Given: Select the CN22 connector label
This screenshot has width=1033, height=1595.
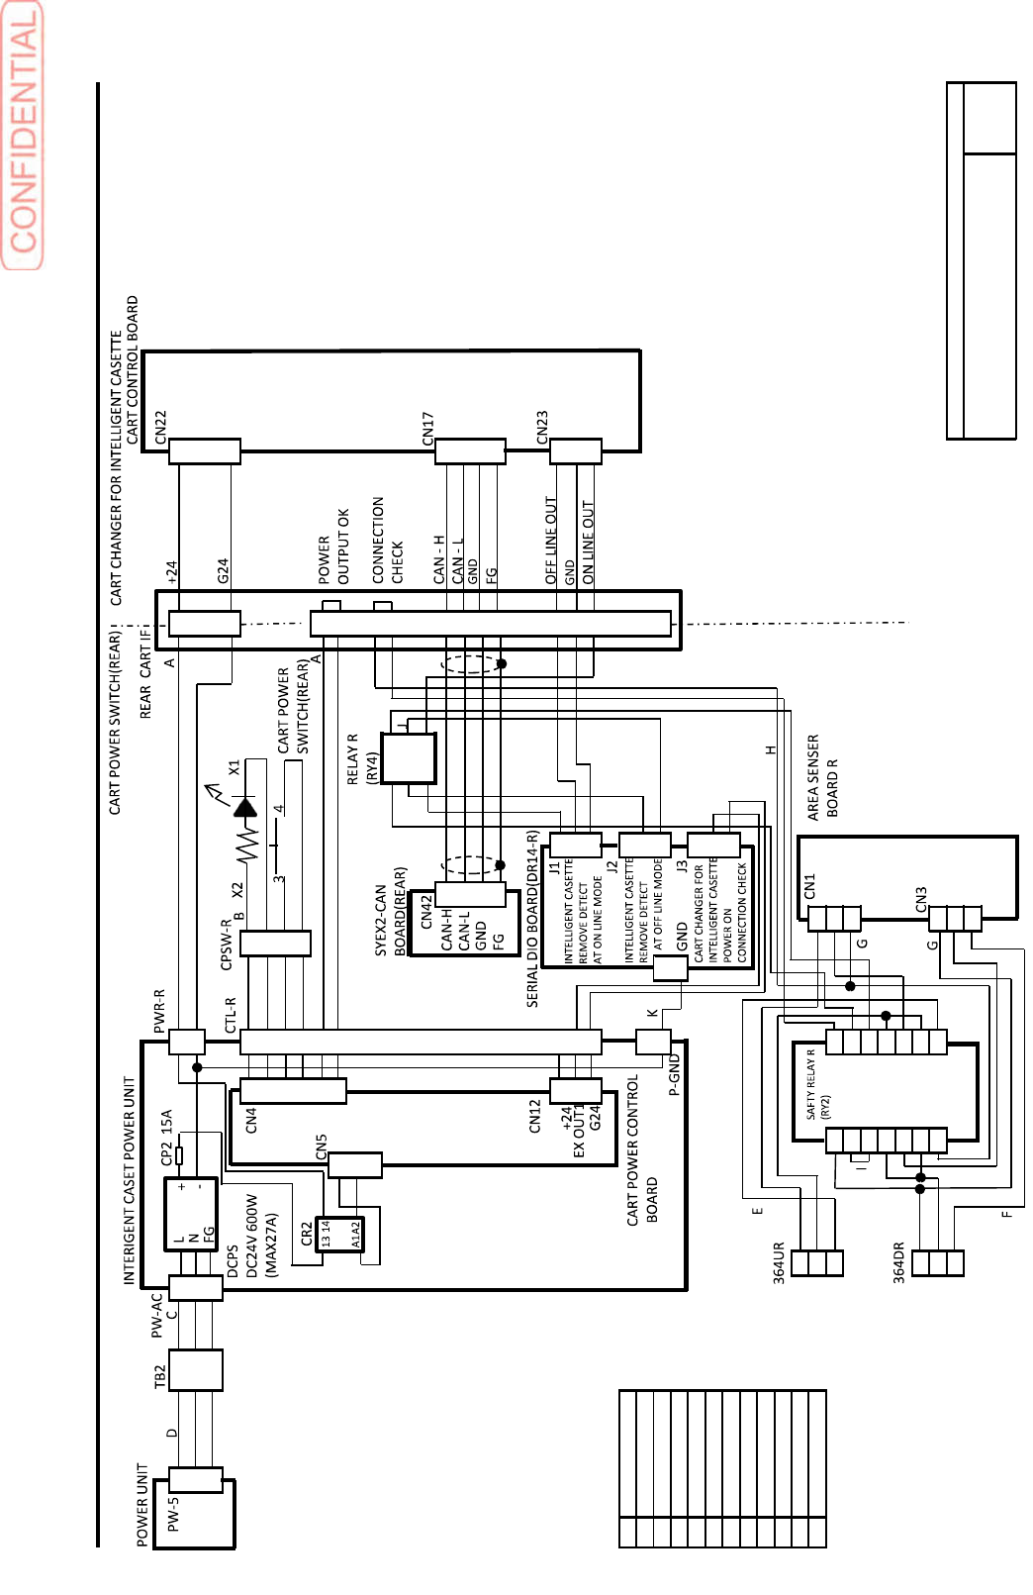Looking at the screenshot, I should (x=161, y=427).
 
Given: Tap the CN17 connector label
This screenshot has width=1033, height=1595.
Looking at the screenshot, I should (x=427, y=428).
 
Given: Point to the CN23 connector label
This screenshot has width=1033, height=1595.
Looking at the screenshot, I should (x=541, y=427).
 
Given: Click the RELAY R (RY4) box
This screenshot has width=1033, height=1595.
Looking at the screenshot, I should (x=408, y=758).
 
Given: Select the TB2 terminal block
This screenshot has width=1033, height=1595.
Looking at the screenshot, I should (x=195, y=1370).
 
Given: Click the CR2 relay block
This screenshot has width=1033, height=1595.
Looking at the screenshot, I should (x=339, y=1234).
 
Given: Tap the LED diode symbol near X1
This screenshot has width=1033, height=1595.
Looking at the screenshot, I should (x=245, y=807).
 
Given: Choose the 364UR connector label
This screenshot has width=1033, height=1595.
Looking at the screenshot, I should (x=779, y=1262).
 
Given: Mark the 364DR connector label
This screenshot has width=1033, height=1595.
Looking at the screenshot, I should (x=899, y=1262).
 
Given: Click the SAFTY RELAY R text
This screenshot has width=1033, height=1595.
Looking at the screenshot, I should (x=810, y=1083).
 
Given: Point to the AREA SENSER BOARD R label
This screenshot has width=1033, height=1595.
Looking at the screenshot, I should (x=822, y=777).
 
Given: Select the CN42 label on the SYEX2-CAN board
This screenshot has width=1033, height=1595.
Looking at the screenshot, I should (x=426, y=911).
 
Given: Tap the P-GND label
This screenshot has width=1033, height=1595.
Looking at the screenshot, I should (x=675, y=1075).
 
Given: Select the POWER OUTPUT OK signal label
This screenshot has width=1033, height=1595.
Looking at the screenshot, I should (x=333, y=547).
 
